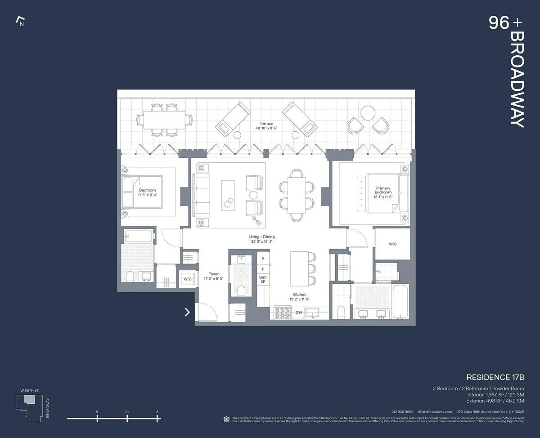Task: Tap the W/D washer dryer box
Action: click(x=187, y=279)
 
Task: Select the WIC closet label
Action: click(x=392, y=244)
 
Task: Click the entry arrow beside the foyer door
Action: click(x=187, y=312)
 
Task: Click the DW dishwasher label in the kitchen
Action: click(x=298, y=313)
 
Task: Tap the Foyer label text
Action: click(x=213, y=274)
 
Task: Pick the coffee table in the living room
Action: click(x=228, y=194)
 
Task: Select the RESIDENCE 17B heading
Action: click(x=495, y=377)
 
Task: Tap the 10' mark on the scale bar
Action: click(x=127, y=418)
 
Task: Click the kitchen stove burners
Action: click(x=283, y=313)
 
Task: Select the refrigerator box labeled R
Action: click(x=263, y=258)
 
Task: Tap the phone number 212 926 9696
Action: click(x=402, y=411)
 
